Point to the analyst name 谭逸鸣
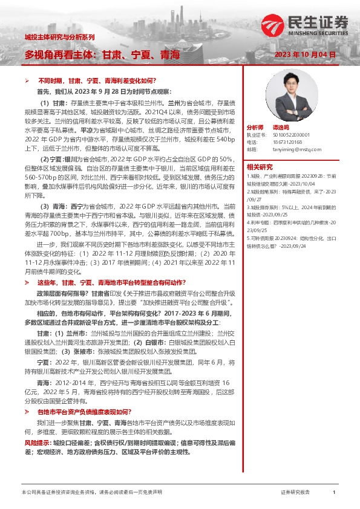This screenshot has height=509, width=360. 280,129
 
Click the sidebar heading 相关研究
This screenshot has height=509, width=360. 258,167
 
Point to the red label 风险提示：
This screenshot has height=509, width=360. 38,444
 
